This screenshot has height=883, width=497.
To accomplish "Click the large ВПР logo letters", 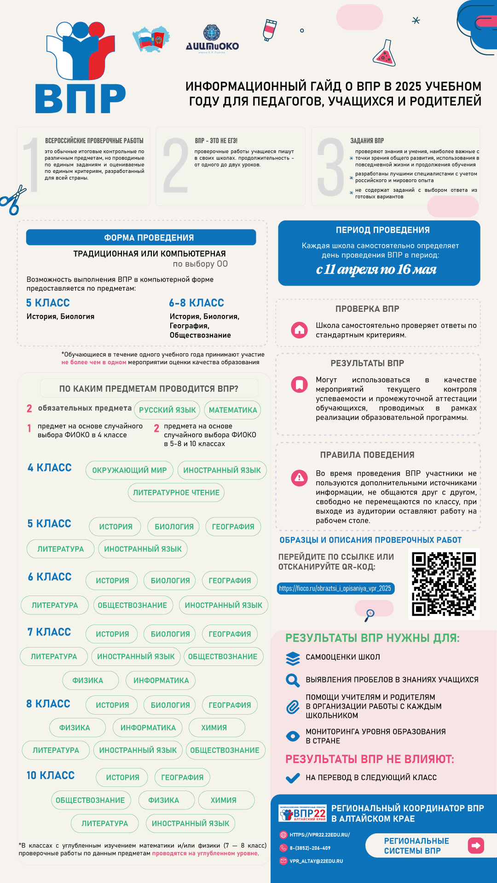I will (x=81, y=98).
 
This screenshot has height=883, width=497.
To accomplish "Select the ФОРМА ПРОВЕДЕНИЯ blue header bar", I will (x=141, y=237).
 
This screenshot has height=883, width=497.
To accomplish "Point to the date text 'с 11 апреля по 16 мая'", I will (x=376, y=269).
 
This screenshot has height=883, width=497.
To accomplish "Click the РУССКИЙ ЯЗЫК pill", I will (x=168, y=410).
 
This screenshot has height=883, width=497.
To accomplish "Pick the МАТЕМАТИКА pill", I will (x=233, y=410).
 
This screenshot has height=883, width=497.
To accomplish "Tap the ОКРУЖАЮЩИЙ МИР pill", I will (x=129, y=470).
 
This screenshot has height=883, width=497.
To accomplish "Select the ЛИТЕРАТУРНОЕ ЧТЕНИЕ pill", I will (x=176, y=493).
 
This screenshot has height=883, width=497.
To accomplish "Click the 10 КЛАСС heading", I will (x=51, y=775).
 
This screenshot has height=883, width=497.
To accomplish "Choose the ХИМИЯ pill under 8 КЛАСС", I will (x=214, y=728).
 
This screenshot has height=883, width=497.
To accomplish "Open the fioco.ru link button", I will (x=335, y=588).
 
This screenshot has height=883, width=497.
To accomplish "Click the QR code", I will (x=444, y=584).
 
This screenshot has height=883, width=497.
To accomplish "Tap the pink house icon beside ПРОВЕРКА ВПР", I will (x=300, y=330).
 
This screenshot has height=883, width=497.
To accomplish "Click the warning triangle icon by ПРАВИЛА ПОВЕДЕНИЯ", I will (x=300, y=478).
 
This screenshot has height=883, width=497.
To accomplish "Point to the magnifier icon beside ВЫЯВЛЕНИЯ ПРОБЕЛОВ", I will (x=293, y=680).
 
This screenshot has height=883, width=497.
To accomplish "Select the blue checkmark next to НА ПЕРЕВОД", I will (x=293, y=778).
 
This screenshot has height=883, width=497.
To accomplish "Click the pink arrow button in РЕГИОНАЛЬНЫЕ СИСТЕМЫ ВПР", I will (x=475, y=845).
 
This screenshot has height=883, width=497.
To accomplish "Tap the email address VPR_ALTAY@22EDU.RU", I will (x=316, y=861).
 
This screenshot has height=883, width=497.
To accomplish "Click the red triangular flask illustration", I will (x=384, y=54).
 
